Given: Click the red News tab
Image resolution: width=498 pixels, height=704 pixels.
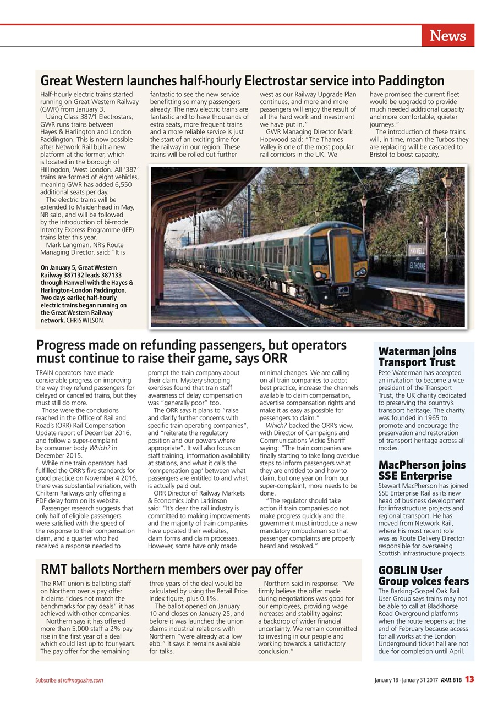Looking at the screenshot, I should point(448,36).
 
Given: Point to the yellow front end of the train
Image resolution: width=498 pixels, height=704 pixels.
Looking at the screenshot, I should point(341,256).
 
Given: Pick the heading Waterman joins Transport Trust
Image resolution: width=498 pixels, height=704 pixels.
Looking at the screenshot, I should point(417,356).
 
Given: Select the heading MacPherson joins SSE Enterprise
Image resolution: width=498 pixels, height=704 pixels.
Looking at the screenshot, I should point(422,470).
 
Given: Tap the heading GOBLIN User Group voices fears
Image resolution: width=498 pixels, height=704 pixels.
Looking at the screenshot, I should point(423,576).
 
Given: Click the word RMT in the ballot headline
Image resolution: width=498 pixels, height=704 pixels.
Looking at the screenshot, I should point(54,569).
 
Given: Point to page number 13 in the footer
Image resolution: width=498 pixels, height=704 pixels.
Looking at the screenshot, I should point(469,679).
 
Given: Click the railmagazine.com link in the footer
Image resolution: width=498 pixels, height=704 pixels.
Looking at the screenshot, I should point(83,680).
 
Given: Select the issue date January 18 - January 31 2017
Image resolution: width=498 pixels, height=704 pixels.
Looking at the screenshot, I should point(406,680).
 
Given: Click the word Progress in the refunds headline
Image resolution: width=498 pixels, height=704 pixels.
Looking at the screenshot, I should point(61,345).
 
